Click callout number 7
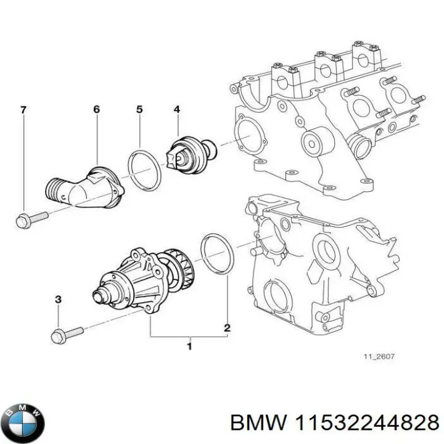tap(23, 110)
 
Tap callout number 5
tap(139, 110)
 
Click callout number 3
tap(59, 300)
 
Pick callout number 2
tap(226, 328)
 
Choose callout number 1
tap(189, 347)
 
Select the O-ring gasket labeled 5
tap(144, 170)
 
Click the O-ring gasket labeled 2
tap(216, 254)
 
